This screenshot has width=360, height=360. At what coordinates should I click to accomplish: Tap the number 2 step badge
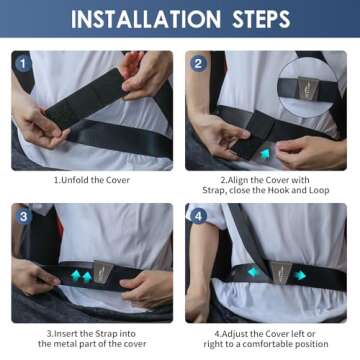pyautogui.click(x=199, y=63)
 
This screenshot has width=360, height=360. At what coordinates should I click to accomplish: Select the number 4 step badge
pyautogui.click(x=199, y=217)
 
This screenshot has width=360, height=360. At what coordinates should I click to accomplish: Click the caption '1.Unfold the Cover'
pyautogui.click(x=92, y=180)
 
